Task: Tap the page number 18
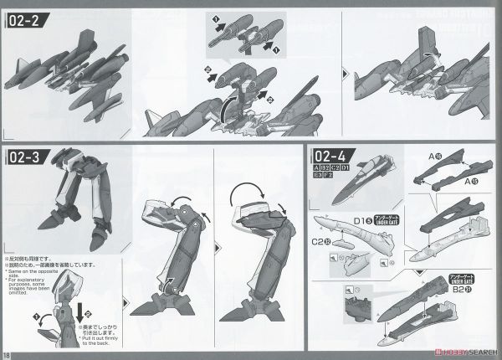[x=8, y=352]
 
